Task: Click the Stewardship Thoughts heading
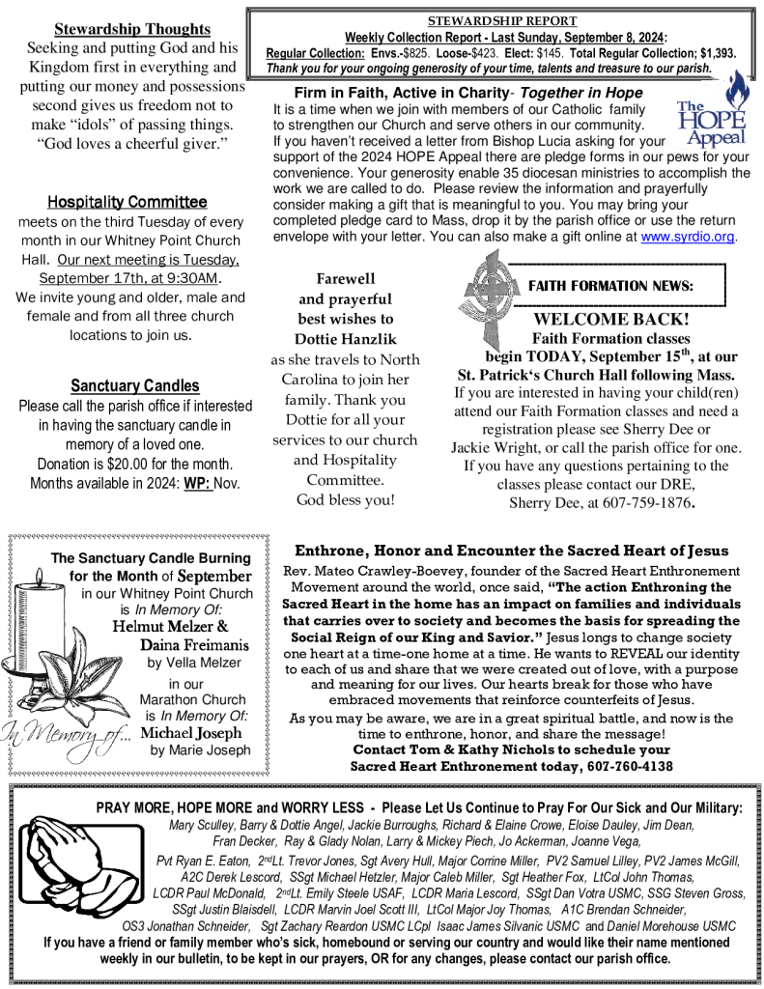tap(132, 29)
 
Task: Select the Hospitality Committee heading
tap(127, 202)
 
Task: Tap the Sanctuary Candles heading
tap(135, 386)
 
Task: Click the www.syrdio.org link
tap(688, 237)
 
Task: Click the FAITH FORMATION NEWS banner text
tap(610, 286)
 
